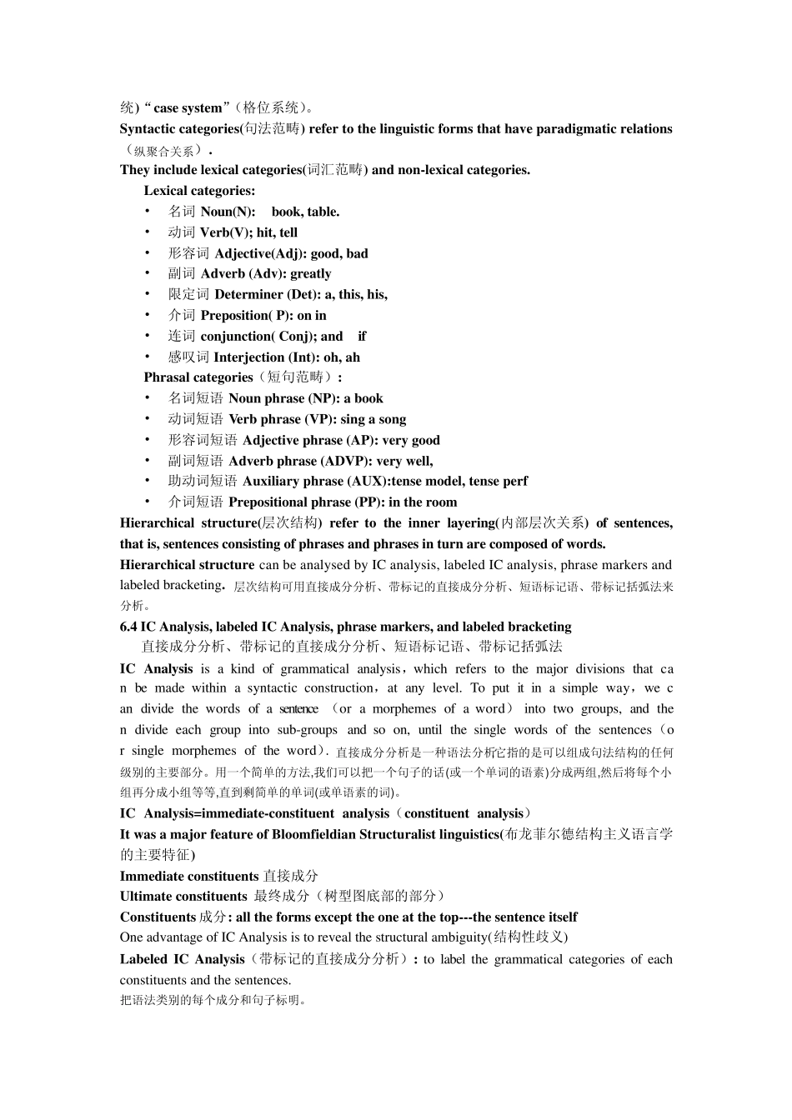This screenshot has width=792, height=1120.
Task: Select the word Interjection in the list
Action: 248,357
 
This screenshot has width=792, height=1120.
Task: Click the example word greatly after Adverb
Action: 310,274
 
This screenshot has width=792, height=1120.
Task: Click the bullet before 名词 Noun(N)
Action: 148,212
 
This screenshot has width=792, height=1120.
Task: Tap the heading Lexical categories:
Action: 199,191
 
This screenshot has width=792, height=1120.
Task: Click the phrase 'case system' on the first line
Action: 188,108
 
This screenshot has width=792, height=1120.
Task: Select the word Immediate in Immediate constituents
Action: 151,876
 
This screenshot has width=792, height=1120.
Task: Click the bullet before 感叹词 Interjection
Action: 148,357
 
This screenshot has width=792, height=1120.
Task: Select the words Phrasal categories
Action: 198,377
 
